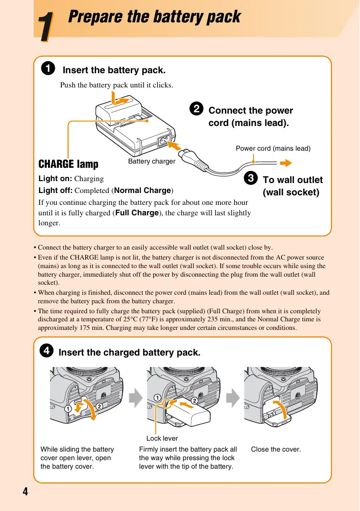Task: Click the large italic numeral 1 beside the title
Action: [45, 27]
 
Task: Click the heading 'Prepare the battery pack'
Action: [154, 17]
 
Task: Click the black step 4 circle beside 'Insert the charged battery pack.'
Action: [46, 351]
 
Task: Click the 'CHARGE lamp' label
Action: [68, 164]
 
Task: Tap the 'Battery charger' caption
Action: [152, 162]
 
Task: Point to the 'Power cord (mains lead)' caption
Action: [273, 148]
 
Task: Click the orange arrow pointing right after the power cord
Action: [285, 164]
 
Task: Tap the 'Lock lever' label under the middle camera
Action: [162, 438]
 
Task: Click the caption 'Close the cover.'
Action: [276, 449]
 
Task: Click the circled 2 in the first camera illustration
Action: [99, 406]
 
